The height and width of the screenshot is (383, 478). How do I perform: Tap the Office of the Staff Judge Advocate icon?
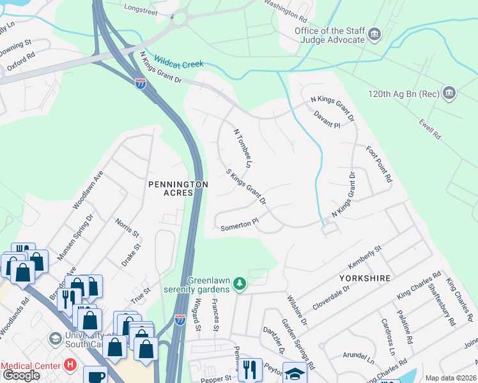374,33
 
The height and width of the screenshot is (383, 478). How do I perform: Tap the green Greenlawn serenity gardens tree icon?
240,283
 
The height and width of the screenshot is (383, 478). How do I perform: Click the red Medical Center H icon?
71,366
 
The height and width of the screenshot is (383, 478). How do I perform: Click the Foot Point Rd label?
378,165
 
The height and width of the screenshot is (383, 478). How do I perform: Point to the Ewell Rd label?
430,127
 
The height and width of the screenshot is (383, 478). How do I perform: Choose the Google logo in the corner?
20,375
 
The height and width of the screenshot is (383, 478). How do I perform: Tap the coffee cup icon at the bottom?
95,376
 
